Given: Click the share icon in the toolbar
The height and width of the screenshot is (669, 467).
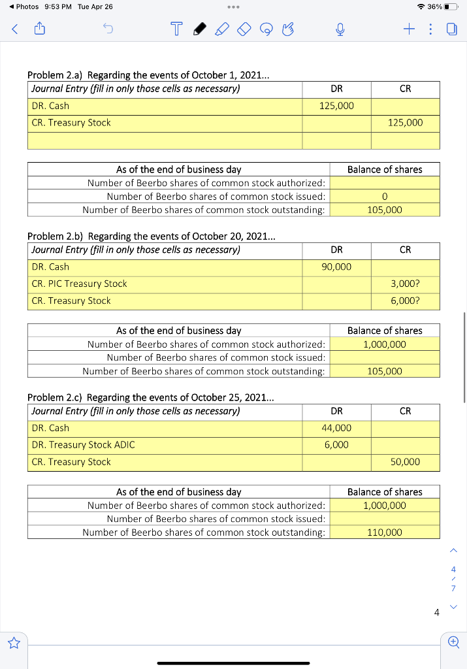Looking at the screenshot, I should (39, 28).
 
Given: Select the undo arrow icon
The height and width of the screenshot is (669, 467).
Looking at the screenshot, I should (106, 28).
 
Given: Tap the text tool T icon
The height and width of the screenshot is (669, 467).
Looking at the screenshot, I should (175, 29).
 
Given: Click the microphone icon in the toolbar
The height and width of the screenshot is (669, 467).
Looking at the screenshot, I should (340, 29).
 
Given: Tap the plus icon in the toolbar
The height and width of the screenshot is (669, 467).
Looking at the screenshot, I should (409, 28).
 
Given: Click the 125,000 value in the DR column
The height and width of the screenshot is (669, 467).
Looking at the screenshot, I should (336, 106).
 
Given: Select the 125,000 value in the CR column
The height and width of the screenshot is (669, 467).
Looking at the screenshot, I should (405, 123).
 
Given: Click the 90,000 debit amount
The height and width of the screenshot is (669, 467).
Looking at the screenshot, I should (336, 267).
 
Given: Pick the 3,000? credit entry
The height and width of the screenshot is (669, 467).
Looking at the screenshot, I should (405, 284).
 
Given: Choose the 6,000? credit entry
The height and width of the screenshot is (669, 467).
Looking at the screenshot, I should (405, 301).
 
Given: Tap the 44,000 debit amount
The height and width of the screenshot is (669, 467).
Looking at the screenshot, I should (336, 428).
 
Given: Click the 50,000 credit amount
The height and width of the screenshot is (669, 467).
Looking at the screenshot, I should (405, 462).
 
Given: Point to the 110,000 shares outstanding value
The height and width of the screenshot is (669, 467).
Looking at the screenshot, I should (385, 532).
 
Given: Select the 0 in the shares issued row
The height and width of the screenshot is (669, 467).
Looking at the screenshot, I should (385, 196).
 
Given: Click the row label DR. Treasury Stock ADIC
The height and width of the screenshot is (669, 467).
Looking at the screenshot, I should (83, 445).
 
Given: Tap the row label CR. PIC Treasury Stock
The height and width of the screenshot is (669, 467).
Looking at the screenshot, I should (79, 284).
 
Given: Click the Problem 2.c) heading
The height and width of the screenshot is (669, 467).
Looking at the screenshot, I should (151, 397).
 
